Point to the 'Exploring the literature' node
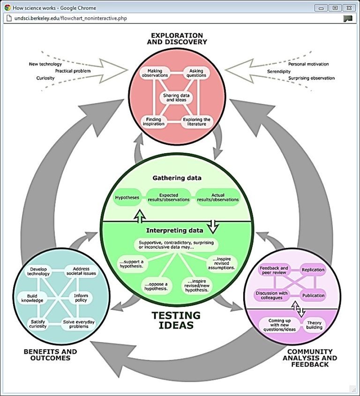click(196, 122)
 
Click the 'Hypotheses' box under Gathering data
click(127, 197)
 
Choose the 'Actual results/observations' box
click(218, 197)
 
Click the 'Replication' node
click(313, 270)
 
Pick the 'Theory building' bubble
click(314, 324)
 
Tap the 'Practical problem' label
click(73, 71)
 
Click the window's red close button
click(348, 8)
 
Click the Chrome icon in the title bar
click(7, 8)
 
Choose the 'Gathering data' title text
click(177, 178)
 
